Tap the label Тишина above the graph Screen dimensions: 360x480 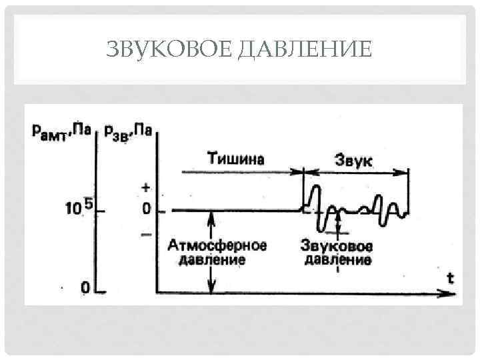[236, 159]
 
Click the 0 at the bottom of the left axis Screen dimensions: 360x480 [85, 288]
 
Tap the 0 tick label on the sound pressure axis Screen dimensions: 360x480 [146, 210]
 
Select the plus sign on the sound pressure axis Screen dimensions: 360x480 [146, 189]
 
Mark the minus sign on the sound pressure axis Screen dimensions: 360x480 [146, 234]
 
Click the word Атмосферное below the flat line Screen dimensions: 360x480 [217, 245]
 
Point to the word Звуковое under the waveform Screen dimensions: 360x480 [337, 245]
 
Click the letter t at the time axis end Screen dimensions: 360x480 [451, 278]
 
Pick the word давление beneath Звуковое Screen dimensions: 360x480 [337, 259]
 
